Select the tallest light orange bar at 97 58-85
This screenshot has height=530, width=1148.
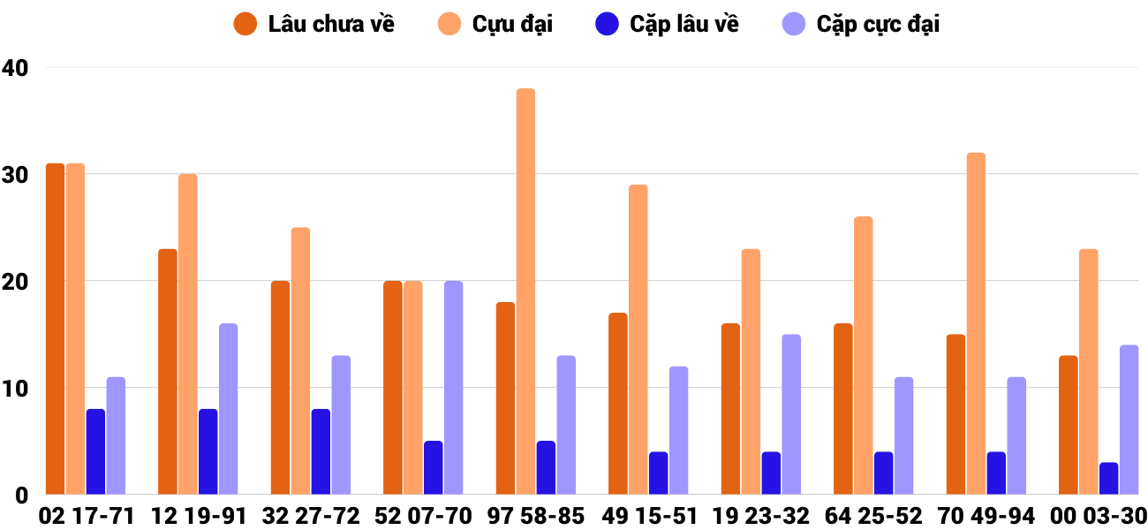[525, 291]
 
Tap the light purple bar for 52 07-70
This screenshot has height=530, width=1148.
[453, 388]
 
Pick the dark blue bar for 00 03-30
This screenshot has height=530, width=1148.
[1108, 479]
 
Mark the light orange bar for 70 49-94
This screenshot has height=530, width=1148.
[976, 323]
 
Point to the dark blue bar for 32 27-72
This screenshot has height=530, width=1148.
[321, 451]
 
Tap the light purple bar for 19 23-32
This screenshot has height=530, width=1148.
[790, 414]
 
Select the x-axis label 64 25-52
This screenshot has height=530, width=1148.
[874, 516]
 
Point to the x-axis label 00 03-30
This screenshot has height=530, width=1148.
[1099, 516]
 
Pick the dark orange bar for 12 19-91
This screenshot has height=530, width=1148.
[168, 372]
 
